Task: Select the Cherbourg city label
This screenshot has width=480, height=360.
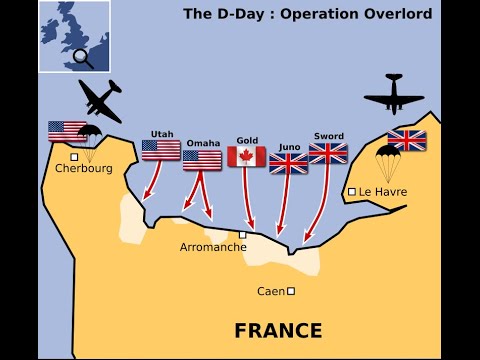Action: (84, 168)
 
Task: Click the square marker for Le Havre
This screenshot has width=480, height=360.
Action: (352, 191)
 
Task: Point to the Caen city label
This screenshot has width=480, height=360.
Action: (270, 291)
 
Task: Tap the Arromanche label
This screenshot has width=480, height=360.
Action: (213, 247)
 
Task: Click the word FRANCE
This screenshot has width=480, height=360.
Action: (278, 330)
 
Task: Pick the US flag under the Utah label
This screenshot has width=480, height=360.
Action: (161, 150)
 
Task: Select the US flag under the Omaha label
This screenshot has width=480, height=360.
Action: (202, 159)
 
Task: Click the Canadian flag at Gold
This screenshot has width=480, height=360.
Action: (246, 156)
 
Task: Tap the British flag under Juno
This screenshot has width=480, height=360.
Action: (289, 162)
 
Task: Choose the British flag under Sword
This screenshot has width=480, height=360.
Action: (328, 152)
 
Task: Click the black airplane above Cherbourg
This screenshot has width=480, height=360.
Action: (101, 101)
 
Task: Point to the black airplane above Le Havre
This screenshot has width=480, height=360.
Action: (394, 94)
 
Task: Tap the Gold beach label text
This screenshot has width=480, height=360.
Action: (247, 140)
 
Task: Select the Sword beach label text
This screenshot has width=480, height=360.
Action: (329, 136)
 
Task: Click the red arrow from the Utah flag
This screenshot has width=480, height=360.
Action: (153, 181)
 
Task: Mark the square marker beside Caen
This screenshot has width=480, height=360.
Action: (291, 291)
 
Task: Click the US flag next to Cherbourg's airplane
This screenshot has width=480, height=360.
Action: (67, 131)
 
